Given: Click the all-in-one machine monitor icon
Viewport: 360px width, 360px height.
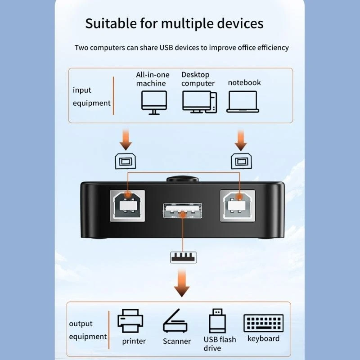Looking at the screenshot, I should click(x=154, y=101).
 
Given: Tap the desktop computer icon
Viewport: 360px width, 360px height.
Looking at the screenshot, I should click(x=199, y=101).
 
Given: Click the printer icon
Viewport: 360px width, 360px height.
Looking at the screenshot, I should click(x=130, y=320).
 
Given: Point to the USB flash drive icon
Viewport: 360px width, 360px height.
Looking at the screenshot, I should click(x=217, y=320).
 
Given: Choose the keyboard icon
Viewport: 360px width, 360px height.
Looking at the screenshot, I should click(x=263, y=323).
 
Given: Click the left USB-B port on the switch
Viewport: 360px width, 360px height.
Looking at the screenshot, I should click(x=128, y=205).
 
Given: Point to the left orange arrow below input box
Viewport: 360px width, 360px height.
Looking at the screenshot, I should click(x=126, y=139).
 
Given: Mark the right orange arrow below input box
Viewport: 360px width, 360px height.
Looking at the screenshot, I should click(x=241, y=139).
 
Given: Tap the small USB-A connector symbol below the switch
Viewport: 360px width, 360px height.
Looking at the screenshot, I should click(x=182, y=257).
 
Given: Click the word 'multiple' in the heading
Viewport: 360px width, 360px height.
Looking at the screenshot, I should click(x=185, y=23).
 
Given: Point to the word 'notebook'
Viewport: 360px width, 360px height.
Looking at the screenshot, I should click(x=244, y=82).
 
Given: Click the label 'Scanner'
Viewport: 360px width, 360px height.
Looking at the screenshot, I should click(x=177, y=341).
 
